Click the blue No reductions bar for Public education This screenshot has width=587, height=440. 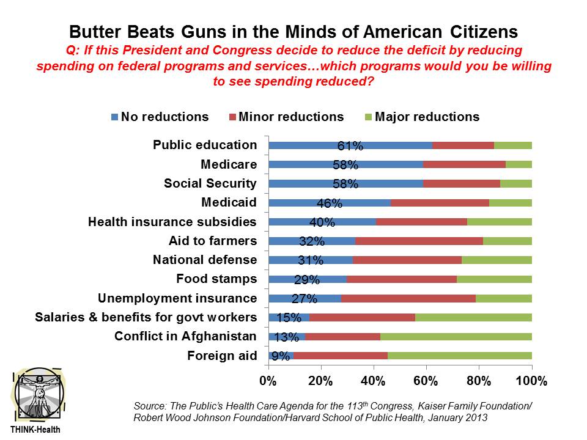(318, 145)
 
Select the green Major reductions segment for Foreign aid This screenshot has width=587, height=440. (460, 355)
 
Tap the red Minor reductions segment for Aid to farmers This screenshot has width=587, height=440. (419, 241)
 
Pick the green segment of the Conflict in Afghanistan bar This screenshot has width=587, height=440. (456, 336)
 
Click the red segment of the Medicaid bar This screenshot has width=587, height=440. (440, 202)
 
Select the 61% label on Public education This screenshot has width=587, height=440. (350, 146)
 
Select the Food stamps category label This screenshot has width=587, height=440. (216, 279)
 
